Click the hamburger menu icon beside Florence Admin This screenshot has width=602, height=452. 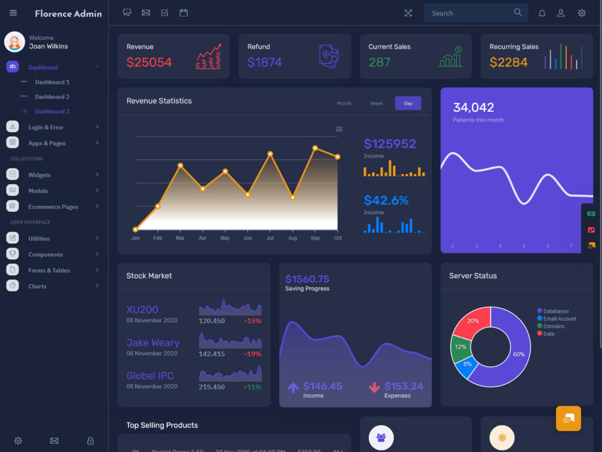tap(14, 13)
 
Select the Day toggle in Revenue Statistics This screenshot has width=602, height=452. tap(408, 104)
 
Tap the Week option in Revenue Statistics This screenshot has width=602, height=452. tap(376, 104)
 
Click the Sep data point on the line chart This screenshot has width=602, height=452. tap(315, 148)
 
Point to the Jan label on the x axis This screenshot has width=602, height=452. tap(135, 238)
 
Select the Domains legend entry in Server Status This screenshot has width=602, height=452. tap(553, 326)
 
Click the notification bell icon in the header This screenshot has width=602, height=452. tap(542, 13)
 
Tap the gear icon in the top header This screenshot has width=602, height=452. tap(581, 13)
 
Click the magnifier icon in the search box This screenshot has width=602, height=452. tap(517, 12)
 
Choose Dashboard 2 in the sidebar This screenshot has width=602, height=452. tap(52, 97)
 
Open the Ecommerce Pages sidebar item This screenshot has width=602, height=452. tap(53, 207)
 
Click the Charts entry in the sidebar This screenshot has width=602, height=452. tap(37, 286)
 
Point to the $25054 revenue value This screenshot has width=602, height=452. tap(149, 62)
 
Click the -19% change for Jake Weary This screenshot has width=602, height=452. tap(253, 354)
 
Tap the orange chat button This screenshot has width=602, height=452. tap(568, 418)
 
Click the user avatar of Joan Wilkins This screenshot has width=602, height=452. tap(15, 42)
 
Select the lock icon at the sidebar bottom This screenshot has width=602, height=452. tap(90, 440)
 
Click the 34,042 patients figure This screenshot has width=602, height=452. tap(473, 107)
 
